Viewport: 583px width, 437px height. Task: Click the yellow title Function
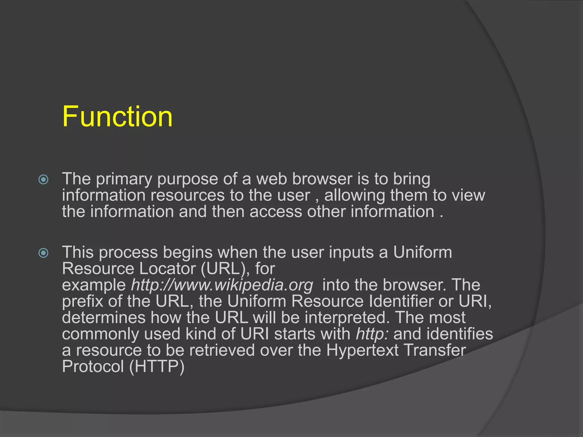click(117, 116)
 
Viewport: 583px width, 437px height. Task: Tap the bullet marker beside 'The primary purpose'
click(43, 180)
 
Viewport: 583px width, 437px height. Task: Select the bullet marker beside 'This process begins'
click(43, 253)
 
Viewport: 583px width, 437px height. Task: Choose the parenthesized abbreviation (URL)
click(223, 269)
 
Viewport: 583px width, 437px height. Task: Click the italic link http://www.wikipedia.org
click(222, 285)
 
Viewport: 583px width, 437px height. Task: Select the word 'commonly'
click(100, 334)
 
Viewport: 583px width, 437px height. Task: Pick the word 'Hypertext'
click(362, 350)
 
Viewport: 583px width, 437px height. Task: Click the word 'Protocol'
click(93, 366)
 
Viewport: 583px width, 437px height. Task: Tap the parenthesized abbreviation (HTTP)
click(157, 366)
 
